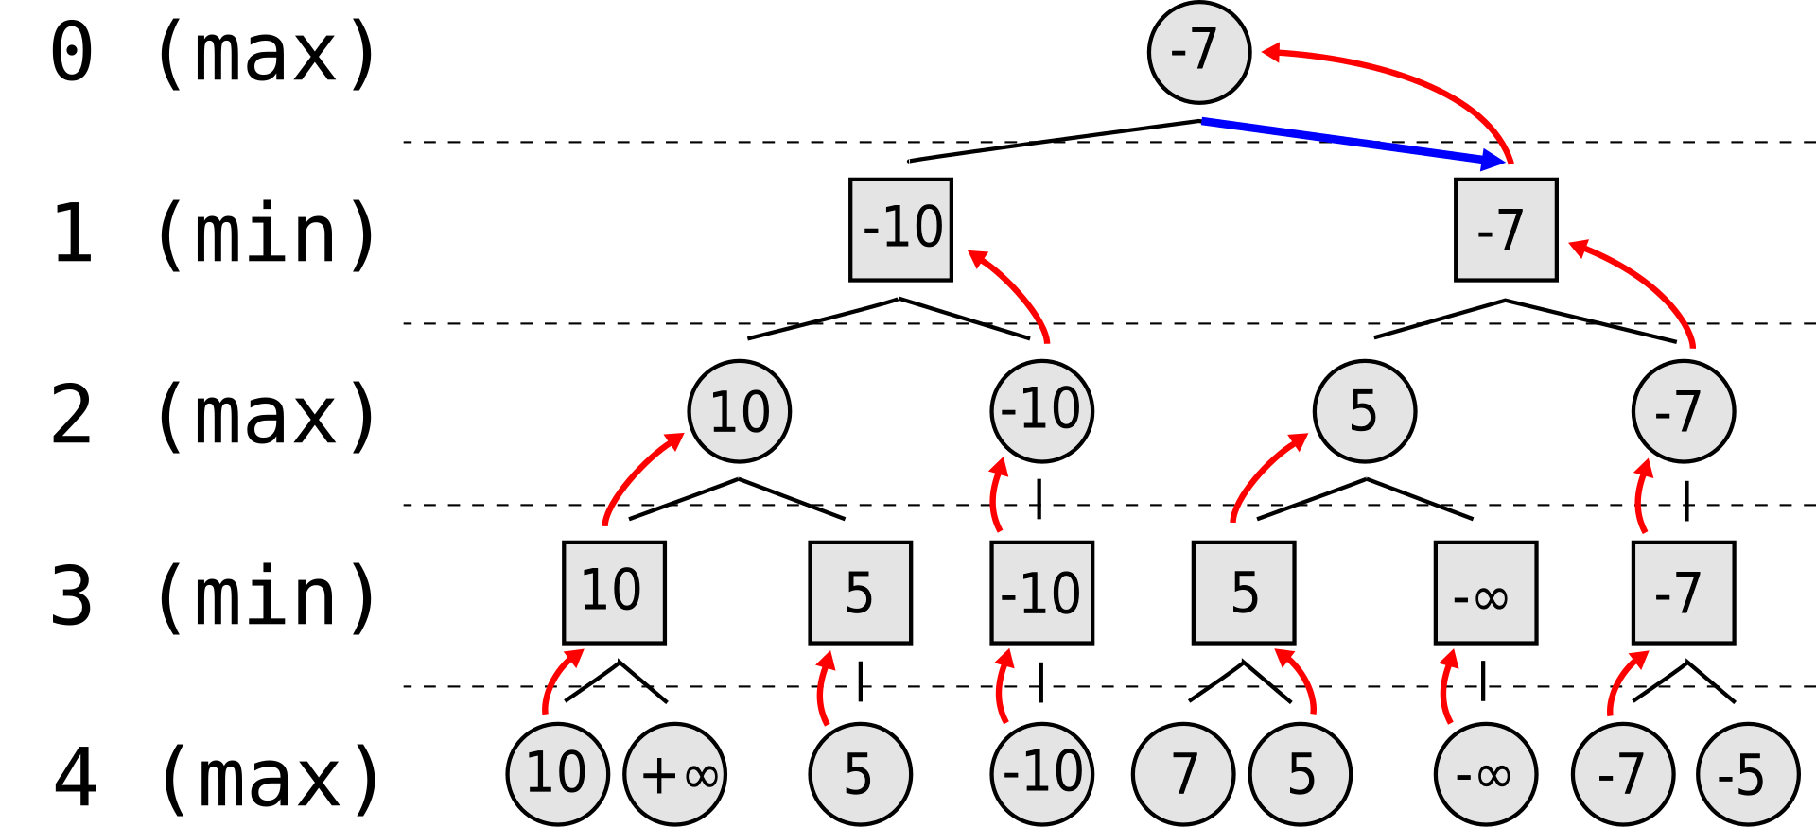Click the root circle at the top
[1199, 52]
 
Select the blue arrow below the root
[1353, 141]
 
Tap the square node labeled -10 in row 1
[900, 230]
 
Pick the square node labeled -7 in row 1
[1506, 230]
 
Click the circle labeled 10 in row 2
[740, 411]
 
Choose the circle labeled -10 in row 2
[1041, 411]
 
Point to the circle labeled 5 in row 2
[1365, 411]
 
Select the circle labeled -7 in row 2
[1684, 411]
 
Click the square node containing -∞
[1486, 593]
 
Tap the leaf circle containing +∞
[675, 774]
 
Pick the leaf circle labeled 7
[1183, 774]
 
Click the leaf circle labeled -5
[1748, 774]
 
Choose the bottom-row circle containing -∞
[1486, 774]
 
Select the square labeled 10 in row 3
[614, 593]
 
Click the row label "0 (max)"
[214, 52]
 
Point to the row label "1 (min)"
[214, 233]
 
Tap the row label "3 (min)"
[214, 596]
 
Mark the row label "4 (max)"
[216, 778]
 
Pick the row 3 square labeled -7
[1684, 593]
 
